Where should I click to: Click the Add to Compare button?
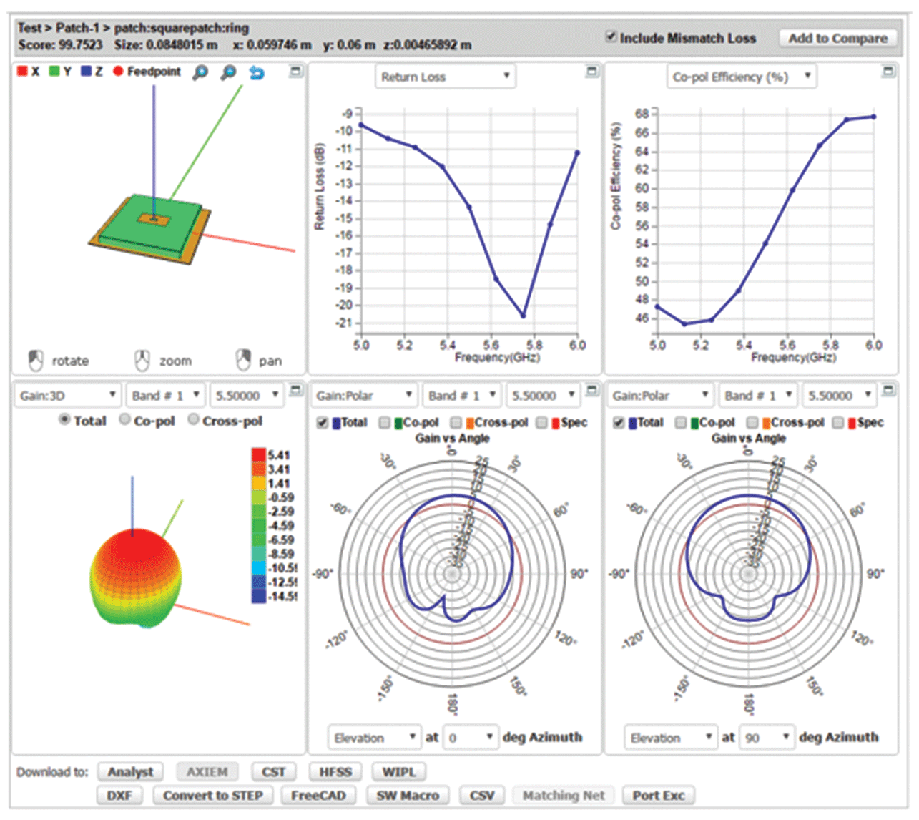pos(837,39)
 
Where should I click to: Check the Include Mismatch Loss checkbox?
pos(611,36)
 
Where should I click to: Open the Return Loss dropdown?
pos(445,77)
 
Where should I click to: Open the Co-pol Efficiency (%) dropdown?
pos(742,77)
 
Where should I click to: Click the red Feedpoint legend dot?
pos(119,72)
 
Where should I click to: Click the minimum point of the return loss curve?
pos(524,315)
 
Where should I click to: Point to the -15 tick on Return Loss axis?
pos(344,218)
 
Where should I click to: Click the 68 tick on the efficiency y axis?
pos(642,114)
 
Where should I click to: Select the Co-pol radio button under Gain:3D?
pos(125,420)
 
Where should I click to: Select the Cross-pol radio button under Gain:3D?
pos(194,420)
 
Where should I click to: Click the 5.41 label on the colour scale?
pos(279,455)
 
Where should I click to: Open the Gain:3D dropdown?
pos(67,396)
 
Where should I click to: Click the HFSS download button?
pos(335,772)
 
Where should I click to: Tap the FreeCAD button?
pos(318,796)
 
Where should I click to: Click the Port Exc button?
pos(658,796)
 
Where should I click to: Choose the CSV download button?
pos(481,796)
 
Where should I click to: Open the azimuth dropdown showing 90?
pos(766,737)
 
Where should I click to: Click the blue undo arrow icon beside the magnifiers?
pos(257,72)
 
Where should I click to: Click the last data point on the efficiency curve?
pos(873,117)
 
